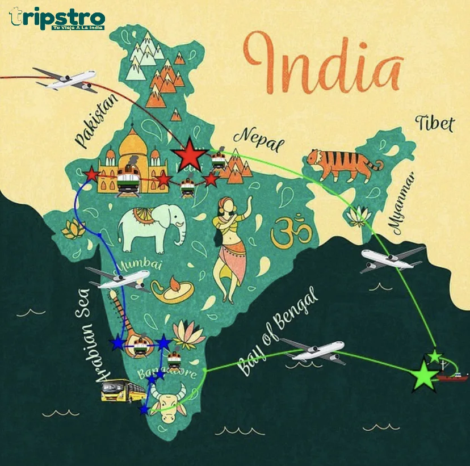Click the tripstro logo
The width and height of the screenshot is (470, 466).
pyautogui.click(x=57, y=18)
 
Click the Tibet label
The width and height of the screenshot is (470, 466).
pyautogui.click(x=435, y=123)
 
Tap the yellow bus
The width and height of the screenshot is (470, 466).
pyautogui.click(x=123, y=391)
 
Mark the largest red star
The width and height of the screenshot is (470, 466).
pyautogui.click(x=190, y=154)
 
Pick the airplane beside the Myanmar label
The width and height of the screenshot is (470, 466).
pyautogui.click(x=391, y=259)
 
